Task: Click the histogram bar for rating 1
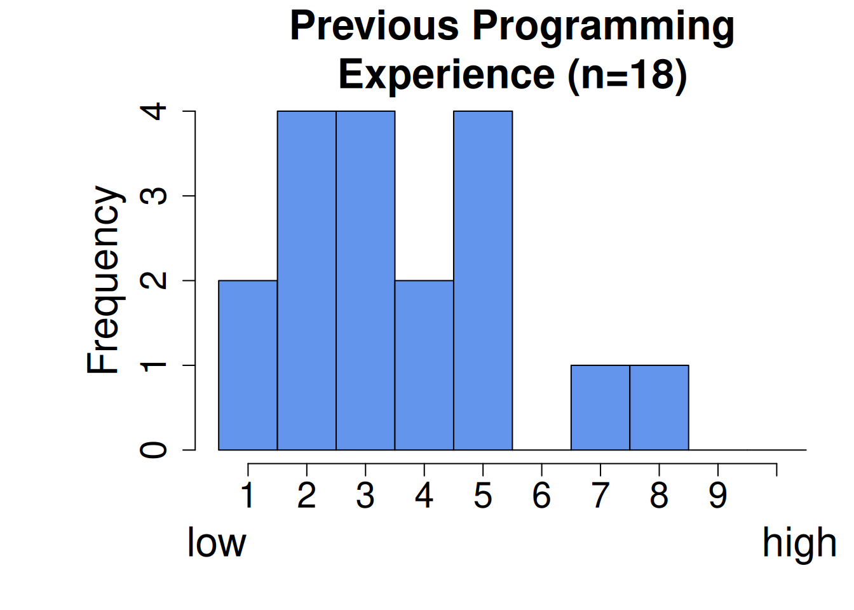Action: (248, 365)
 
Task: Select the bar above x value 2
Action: (307, 281)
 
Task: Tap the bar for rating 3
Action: (365, 281)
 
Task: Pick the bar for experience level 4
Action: (424, 365)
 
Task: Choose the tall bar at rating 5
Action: (483, 281)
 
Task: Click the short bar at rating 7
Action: (600, 407)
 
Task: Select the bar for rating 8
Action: (659, 407)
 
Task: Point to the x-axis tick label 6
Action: (542, 495)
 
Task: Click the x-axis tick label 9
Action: (718, 495)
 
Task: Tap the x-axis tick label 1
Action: (248, 495)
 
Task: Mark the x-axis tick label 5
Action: (483, 495)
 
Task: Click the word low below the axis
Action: (217, 543)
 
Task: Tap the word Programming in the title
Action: (604, 27)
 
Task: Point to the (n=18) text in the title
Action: (628, 75)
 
